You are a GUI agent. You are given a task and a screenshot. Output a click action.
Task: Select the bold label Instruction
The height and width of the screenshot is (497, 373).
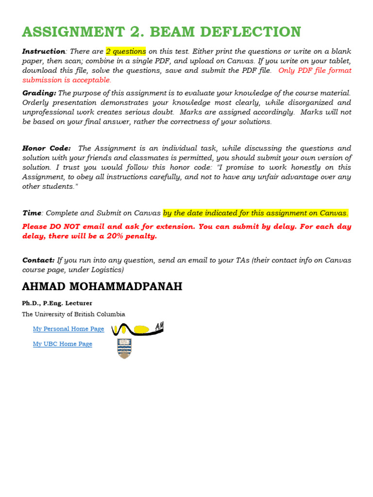click(x=44, y=51)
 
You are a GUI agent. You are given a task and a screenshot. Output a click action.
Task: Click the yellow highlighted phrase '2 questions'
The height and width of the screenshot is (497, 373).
click(x=126, y=51)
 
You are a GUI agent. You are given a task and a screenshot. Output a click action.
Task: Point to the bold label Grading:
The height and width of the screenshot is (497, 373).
click(x=39, y=93)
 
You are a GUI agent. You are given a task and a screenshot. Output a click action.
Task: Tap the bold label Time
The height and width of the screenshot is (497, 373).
click(x=32, y=213)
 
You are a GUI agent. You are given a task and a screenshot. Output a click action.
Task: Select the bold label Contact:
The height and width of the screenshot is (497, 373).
click(x=38, y=260)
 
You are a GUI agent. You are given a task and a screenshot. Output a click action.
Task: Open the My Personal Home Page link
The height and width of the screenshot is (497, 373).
click(x=68, y=329)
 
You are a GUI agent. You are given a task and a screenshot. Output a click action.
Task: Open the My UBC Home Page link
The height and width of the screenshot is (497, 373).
click(x=63, y=344)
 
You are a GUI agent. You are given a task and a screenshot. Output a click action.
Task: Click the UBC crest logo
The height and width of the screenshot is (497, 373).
click(x=125, y=348)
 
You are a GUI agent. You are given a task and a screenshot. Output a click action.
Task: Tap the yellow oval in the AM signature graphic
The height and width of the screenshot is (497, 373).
click(x=141, y=330)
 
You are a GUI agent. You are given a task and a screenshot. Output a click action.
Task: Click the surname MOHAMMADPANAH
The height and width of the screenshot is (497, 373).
click(x=127, y=287)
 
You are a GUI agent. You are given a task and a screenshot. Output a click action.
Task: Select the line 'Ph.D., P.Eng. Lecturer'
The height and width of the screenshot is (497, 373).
click(x=57, y=303)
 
